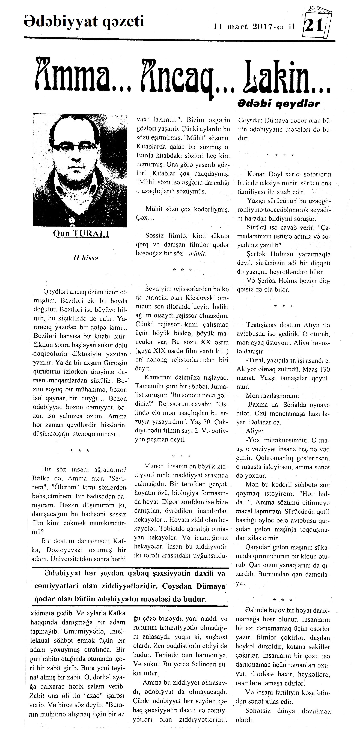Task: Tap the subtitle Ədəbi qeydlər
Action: pyautogui.click(x=278, y=103)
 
